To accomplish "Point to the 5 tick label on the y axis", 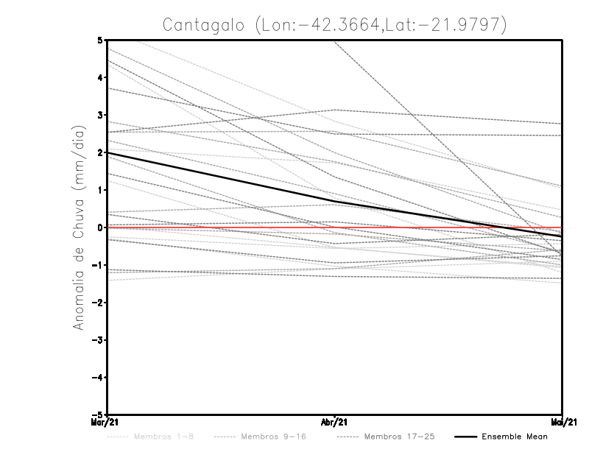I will click(x=100, y=40).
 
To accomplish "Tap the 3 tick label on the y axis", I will click(x=100, y=115).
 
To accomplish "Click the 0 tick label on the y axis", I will click(x=100, y=227).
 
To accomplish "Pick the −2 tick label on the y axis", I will click(x=99, y=303).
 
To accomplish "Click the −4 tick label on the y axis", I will click(x=99, y=378).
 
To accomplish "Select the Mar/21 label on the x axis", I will click(x=106, y=423).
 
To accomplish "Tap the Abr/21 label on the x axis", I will click(x=335, y=423).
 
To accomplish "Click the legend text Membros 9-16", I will click(x=273, y=437).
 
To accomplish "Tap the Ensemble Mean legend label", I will click(x=514, y=437).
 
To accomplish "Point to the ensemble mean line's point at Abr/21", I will click(x=335, y=202).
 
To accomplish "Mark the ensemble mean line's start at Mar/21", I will click(x=107, y=152).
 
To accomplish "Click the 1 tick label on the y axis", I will click(x=100, y=190).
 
